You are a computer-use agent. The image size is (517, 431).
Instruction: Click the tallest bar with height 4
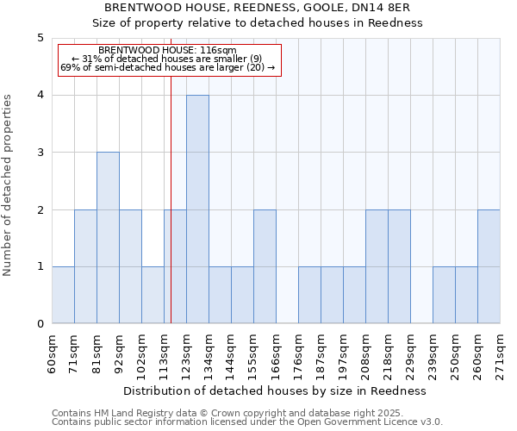(197, 209)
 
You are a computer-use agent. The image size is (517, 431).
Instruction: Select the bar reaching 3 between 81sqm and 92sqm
(108, 238)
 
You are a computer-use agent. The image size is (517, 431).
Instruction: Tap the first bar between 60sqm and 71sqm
(63, 295)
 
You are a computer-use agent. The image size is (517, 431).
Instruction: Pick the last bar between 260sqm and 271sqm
(489, 266)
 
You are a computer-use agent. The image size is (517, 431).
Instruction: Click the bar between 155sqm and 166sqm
(265, 266)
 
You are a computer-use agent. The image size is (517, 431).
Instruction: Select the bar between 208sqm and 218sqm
(377, 266)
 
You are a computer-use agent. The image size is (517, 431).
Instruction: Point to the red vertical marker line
(171, 198)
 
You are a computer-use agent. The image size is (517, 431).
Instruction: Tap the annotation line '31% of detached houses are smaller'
(167, 59)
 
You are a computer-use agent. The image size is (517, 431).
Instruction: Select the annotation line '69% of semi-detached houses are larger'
(167, 67)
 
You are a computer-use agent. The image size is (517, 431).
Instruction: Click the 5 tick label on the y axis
(40, 38)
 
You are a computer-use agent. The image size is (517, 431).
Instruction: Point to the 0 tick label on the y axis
(40, 324)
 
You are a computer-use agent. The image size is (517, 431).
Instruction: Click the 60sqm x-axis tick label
(52, 353)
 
